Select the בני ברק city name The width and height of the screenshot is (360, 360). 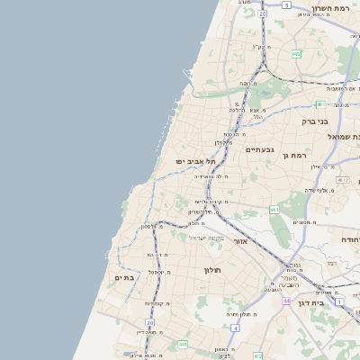(x=314, y=121)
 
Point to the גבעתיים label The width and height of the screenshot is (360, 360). (x=259, y=149)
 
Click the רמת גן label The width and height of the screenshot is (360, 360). (x=296, y=156)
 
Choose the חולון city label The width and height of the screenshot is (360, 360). (x=212, y=270)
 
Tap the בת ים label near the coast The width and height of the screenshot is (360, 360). (x=124, y=278)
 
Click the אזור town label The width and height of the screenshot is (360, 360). (x=240, y=241)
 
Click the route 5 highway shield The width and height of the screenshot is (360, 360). (x=286, y=4)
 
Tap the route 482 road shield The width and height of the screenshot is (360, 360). (x=296, y=54)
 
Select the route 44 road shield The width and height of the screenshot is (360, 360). (x=285, y=300)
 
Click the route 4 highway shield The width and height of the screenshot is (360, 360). (x=235, y=328)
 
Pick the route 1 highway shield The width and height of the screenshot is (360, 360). (x=339, y=301)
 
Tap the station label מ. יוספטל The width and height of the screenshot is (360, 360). (x=157, y=271)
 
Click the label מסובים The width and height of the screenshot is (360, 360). (x=303, y=221)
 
